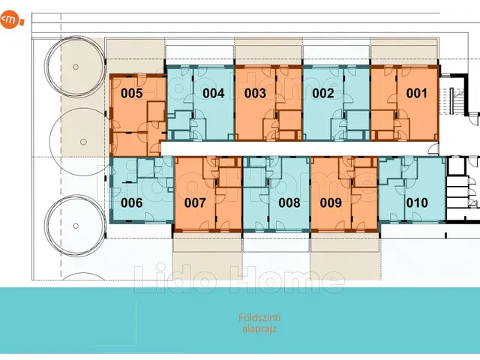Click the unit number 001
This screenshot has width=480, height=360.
[x=416, y=93]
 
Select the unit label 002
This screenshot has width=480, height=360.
[x=323, y=93]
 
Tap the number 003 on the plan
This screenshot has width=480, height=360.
[x=255, y=93]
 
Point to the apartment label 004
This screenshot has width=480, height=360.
[x=213, y=93]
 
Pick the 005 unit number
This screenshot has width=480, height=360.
[x=132, y=93]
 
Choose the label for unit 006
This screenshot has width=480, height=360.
[x=132, y=202]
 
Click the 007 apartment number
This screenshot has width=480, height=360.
[x=195, y=202]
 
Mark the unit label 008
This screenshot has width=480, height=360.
[x=289, y=202]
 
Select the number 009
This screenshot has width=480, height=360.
[x=331, y=202]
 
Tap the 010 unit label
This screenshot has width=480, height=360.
[x=417, y=202]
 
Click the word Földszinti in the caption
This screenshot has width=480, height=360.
[x=259, y=317]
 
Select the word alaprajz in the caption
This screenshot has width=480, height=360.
[x=259, y=328]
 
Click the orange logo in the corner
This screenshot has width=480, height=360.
[x=11, y=19]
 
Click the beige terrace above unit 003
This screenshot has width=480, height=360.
[x=268, y=52]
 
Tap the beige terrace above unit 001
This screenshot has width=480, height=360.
[x=405, y=52]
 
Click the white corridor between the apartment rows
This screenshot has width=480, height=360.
[x=298, y=148]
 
